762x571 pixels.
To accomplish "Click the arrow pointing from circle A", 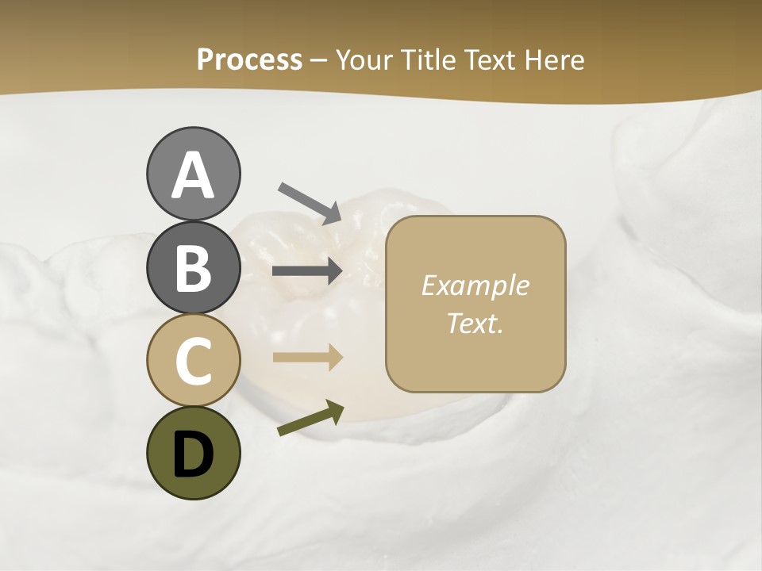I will (x=310, y=203).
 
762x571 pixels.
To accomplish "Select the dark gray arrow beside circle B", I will (x=307, y=271).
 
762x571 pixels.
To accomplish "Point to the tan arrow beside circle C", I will (x=307, y=357).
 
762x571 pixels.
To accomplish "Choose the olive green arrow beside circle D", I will (x=310, y=419).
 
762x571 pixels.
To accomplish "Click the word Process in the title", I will (x=249, y=59).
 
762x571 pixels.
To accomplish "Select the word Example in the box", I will (x=475, y=285).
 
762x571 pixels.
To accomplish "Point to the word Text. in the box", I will (x=475, y=323).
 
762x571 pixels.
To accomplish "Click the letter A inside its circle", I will (x=193, y=175).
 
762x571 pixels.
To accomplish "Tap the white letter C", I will (x=193, y=361).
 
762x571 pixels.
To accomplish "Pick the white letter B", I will (x=193, y=268).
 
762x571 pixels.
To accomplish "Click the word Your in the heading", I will (x=364, y=59).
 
